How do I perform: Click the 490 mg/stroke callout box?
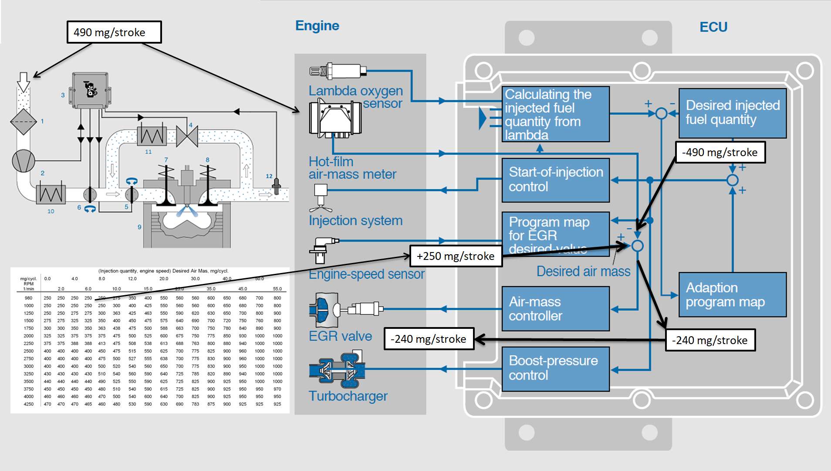114,32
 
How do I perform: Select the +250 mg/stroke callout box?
456,256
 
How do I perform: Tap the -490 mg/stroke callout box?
720,152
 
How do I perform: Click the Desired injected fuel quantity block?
733,113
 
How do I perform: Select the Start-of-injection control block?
555,180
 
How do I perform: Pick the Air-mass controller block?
555,309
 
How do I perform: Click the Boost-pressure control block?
555,369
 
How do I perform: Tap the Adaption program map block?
733,295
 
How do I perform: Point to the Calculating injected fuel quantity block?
555,114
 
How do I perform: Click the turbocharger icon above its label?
337,370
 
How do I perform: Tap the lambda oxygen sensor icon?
338,71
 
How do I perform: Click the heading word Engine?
317,26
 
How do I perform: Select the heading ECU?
713,27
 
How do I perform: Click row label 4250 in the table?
29,404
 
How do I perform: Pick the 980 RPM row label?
29,298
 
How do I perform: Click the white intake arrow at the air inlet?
24,82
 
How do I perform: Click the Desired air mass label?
583,271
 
